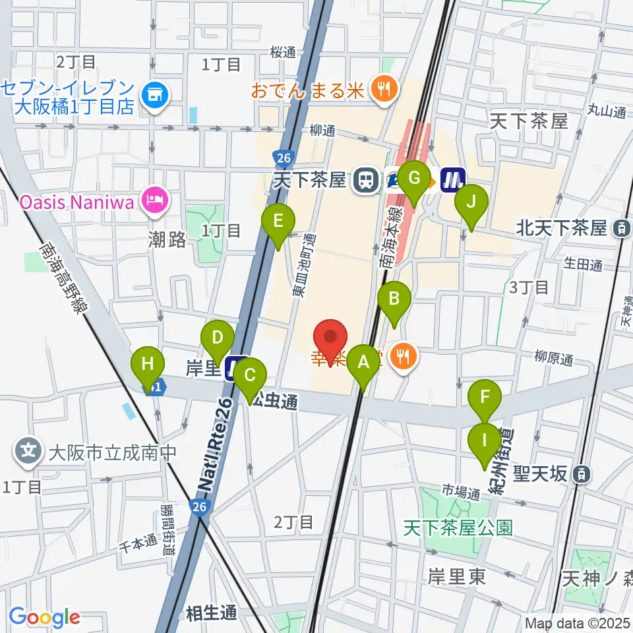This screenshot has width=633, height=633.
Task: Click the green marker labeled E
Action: (x=278, y=221)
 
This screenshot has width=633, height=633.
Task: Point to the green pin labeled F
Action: (x=485, y=397)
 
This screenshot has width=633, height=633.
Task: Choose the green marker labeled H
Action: (x=148, y=363)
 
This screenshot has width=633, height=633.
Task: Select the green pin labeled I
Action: (x=485, y=440)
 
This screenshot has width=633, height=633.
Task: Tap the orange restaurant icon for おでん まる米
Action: (x=381, y=90)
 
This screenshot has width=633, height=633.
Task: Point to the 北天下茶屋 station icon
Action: (x=621, y=229)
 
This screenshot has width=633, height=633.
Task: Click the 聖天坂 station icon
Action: (x=582, y=473)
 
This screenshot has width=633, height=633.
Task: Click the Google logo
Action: (x=45, y=617)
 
